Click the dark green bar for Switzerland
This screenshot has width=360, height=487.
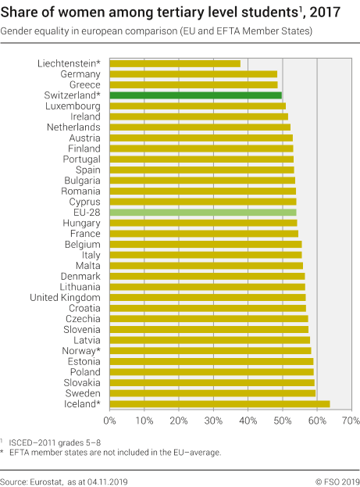click(195, 95)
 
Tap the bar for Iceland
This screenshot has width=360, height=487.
click(219, 403)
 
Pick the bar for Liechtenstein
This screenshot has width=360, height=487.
click(175, 63)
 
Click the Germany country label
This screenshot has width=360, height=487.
click(80, 73)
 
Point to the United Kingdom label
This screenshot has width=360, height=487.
click(65, 297)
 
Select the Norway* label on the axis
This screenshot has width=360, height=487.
click(78, 350)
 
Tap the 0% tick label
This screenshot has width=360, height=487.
click(110, 421)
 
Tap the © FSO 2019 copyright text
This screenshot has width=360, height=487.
click(337, 480)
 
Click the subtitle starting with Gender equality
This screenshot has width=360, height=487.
click(156, 30)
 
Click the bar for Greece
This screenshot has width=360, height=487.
click(194, 84)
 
